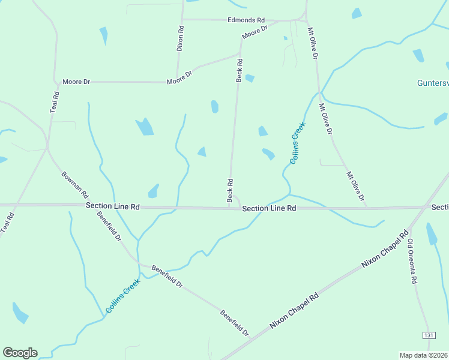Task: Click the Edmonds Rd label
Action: pyautogui.click(x=246, y=20)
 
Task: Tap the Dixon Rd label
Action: pyautogui.click(x=180, y=37)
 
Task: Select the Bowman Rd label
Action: pyautogui.click(x=75, y=186)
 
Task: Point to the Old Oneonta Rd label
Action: pyautogui.click(x=413, y=262)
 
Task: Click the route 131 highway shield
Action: pyautogui.click(x=429, y=334)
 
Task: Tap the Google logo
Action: pyautogui.click(x=20, y=353)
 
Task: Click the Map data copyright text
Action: pyautogui.click(x=424, y=355)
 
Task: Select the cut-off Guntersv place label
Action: pyautogui.click(x=433, y=83)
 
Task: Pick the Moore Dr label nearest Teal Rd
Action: pyautogui.click(x=77, y=81)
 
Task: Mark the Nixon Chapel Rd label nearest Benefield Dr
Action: pyautogui.click(x=294, y=310)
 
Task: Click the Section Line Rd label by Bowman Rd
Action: pyautogui.click(x=113, y=206)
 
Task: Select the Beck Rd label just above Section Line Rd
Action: pyautogui.click(x=229, y=190)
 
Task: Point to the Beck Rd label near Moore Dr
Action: pyautogui.click(x=240, y=70)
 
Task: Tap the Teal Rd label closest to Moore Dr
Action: pyautogui.click(x=54, y=103)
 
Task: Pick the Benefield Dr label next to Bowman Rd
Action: pyautogui.click(x=109, y=229)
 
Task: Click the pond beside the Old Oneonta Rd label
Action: pyautogui.click(x=432, y=234)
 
